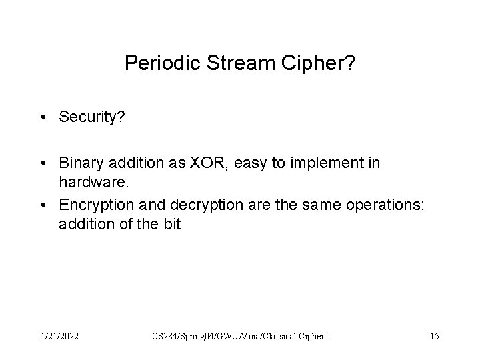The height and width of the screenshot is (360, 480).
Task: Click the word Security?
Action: [88, 117]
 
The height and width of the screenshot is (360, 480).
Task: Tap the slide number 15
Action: [434, 337]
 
